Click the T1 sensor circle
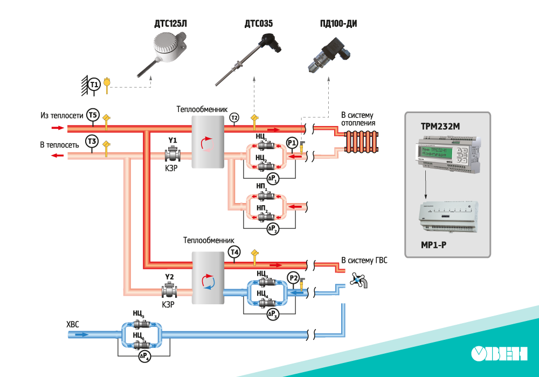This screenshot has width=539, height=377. coord(94,85)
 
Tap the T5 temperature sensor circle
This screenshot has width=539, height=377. coord(93,115)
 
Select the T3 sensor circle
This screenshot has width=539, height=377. coord(93,142)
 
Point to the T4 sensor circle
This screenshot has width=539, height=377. coord(234,252)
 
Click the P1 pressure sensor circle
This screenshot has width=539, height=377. coord(292,143)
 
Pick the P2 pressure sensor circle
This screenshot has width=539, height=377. coord(293,278)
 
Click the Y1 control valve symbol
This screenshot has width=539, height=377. coord(173,155)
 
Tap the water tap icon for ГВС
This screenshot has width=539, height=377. coord(359,280)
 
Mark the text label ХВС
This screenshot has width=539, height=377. coord(73,324)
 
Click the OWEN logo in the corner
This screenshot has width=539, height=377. coord(499,353)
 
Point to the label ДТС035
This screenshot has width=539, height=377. coord(259,24)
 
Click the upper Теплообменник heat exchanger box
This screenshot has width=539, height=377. coord(208,143)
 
